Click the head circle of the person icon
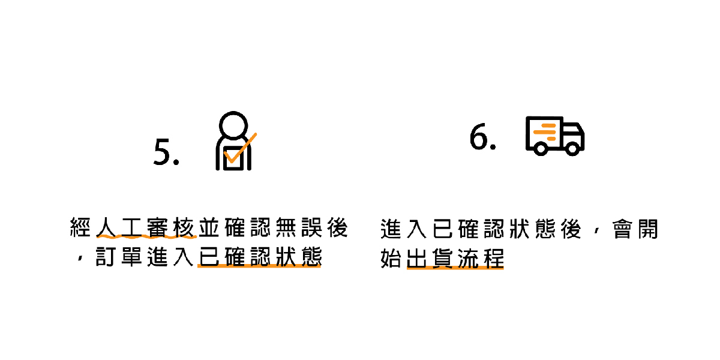click(233, 126)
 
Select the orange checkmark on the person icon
click(241, 149)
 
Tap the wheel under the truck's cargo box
click(540, 148)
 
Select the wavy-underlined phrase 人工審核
click(146, 229)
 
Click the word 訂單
click(119, 258)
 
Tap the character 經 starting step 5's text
click(81, 229)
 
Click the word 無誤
click(298, 229)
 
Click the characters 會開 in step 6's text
click(635, 229)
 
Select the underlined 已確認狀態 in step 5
click(259, 258)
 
